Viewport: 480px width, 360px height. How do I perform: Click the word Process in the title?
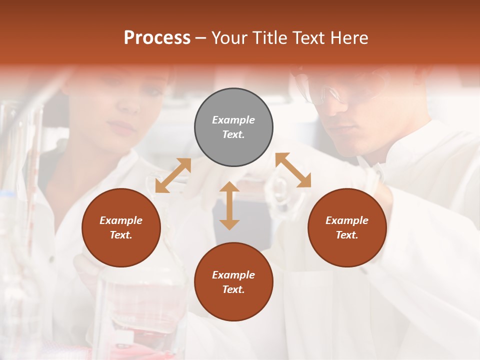[157, 38]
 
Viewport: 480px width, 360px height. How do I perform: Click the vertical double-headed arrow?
[229, 205]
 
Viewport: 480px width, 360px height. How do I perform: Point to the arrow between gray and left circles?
[173, 175]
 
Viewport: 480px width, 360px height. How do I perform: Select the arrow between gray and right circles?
[293, 170]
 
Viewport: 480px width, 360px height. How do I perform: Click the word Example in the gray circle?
[233, 120]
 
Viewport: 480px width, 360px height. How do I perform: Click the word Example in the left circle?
[121, 220]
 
